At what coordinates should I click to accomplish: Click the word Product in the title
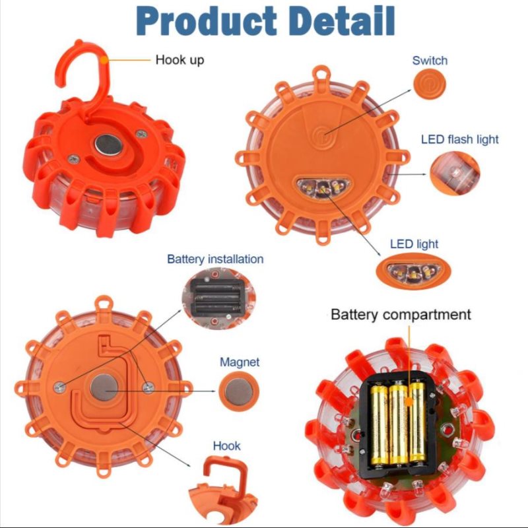click(x=207, y=21)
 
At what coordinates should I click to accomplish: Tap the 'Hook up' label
click(x=180, y=60)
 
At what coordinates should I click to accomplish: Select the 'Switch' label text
click(x=430, y=60)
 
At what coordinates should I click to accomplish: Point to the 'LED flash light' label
click(x=459, y=139)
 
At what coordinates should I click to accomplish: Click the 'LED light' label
click(x=414, y=244)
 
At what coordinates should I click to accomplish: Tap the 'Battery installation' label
click(x=215, y=259)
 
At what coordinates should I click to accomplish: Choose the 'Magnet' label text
click(x=240, y=362)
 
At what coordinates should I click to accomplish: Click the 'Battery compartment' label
click(x=401, y=314)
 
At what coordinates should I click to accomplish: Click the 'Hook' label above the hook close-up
click(x=226, y=446)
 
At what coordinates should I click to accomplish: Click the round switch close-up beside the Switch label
click(x=430, y=84)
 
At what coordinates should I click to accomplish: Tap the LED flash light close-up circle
click(x=455, y=173)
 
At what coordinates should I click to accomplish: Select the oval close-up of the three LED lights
click(x=413, y=271)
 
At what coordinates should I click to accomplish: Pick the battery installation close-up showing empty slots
click(x=218, y=298)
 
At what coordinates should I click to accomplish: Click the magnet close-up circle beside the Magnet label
click(x=239, y=391)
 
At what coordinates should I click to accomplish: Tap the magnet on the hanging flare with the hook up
click(x=108, y=145)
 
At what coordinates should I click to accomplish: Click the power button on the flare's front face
click(x=323, y=134)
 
